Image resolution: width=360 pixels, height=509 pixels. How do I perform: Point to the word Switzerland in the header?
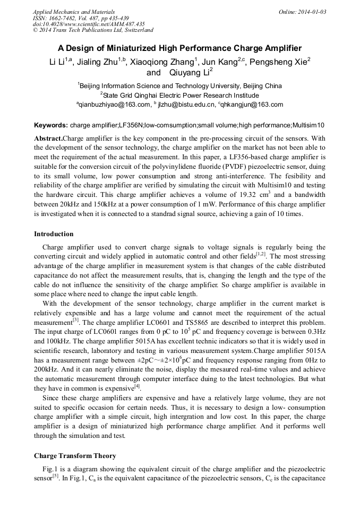135,30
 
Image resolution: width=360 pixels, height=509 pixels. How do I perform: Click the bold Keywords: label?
51,125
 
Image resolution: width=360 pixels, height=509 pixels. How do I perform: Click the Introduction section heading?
54,234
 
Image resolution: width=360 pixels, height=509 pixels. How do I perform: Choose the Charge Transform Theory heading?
75,456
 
